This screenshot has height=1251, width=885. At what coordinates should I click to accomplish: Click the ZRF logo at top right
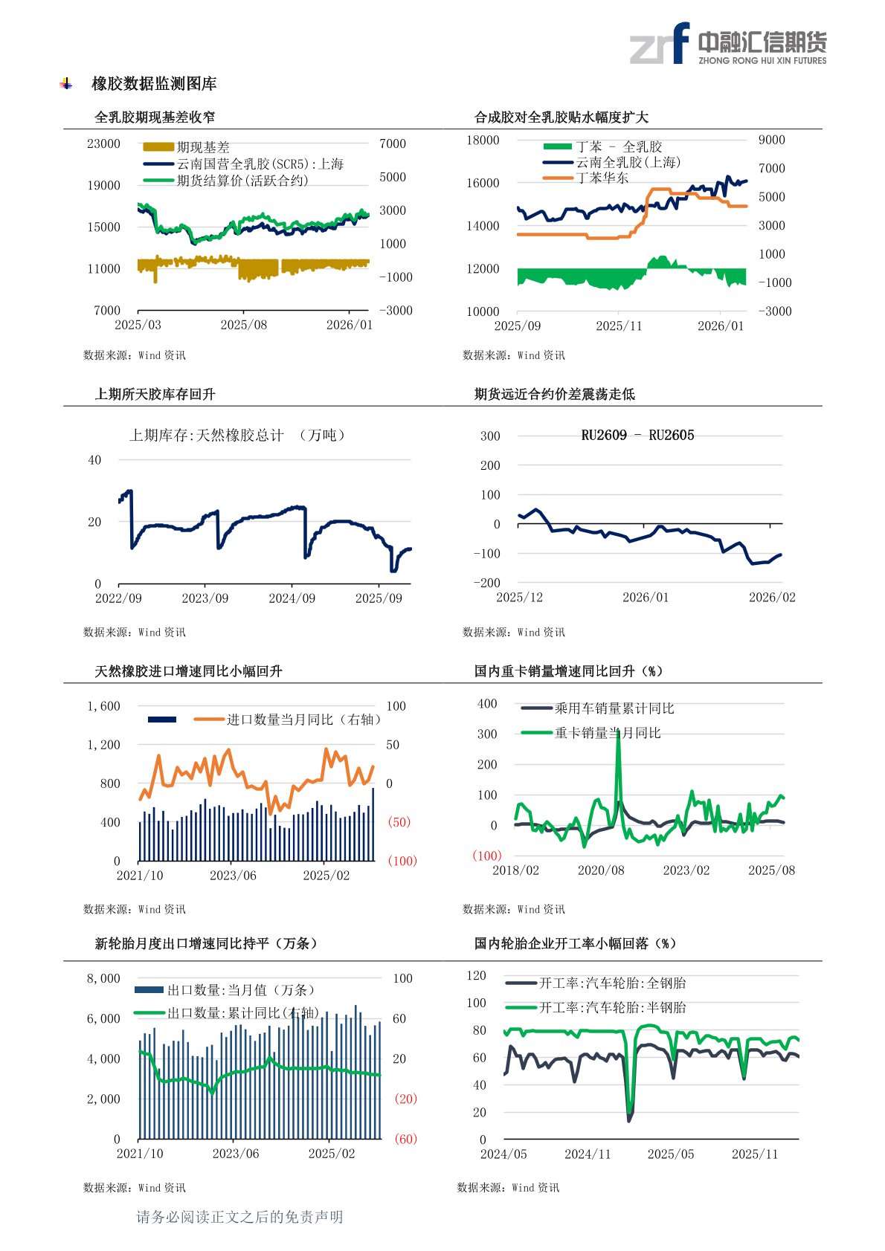(x=727, y=44)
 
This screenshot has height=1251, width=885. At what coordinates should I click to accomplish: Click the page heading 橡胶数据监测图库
(x=154, y=84)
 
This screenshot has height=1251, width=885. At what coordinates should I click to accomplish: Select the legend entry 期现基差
(x=202, y=147)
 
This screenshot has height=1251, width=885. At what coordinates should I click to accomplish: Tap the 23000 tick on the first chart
(x=103, y=143)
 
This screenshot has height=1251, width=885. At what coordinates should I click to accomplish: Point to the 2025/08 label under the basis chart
(x=243, y=325)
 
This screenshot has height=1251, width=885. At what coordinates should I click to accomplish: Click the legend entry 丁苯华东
(x=602, y=178)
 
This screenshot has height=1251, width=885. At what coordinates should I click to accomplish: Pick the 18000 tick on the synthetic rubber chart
(x=483, y=140)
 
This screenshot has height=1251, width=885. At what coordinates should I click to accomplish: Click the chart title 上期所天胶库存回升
(x=155, y=394)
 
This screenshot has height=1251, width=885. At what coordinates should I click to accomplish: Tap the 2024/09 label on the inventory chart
(x=292, y=598)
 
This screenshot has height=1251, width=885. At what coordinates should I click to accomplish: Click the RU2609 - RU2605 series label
(x=637, y=436)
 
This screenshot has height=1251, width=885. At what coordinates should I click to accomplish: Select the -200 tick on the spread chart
(x=487, y=583)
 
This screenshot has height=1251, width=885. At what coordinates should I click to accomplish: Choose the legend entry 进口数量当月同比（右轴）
(x=303, y=720)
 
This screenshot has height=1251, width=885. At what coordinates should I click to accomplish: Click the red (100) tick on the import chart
(x=402, y=861)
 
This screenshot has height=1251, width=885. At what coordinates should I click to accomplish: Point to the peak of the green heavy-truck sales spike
(x=618, y=733)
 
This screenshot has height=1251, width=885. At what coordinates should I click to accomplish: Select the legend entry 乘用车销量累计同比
(x=614, y=708)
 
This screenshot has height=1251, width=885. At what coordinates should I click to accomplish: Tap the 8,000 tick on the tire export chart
(x=103, y=978)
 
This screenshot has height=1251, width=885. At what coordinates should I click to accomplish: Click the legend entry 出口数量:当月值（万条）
(x=241, y=990)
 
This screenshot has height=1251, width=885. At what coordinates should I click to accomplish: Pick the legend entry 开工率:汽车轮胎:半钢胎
(x=612, y=1007)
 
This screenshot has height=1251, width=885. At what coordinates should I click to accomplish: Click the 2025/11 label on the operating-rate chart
(x=754, y=1154)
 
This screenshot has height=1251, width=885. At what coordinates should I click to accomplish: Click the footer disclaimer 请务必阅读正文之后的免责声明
(x=239, y=1217)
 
